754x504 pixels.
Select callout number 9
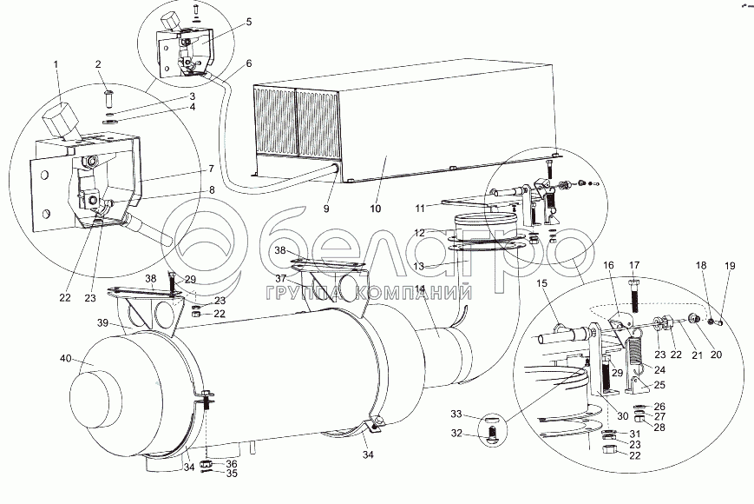click(327, 209)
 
